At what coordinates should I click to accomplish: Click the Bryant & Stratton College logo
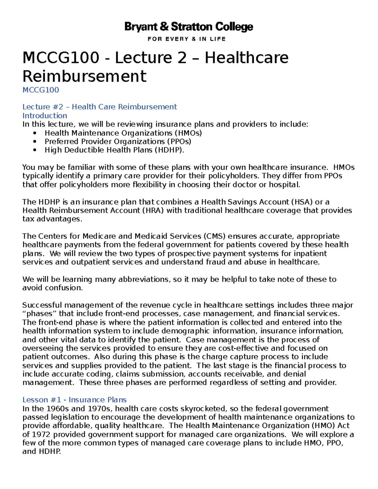coord(189,27)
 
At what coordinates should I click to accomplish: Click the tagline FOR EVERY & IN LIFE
coord(186,39)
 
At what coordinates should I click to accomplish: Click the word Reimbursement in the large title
coord(84,76)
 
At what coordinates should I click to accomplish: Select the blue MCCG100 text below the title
coord(41,90)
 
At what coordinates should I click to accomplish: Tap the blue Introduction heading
coord(45,116)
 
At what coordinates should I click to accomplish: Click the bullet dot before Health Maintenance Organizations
coord(35,133)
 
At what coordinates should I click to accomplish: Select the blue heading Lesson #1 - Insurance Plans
coord(74,400)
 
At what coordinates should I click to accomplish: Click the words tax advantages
coord(52,219)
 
